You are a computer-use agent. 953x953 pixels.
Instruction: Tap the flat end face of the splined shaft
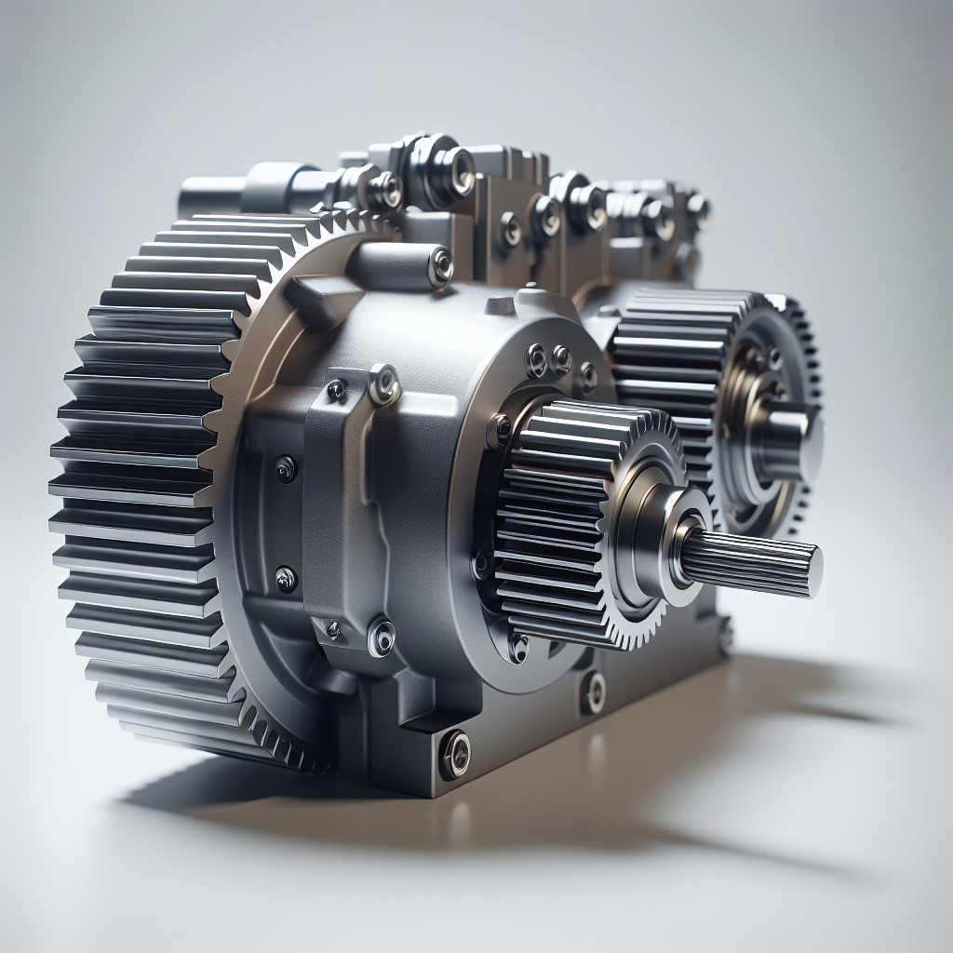(812, 570)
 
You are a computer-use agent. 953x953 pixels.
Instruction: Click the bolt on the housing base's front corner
(454, 752)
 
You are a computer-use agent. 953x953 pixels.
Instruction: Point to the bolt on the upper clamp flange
(383, 383)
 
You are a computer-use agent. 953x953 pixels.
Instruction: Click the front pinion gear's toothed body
(549, 521)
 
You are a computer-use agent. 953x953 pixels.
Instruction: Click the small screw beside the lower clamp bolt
(332, 630)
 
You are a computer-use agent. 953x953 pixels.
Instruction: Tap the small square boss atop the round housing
(501, 304)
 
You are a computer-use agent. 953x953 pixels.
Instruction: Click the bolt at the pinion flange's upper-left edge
(502, 429)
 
